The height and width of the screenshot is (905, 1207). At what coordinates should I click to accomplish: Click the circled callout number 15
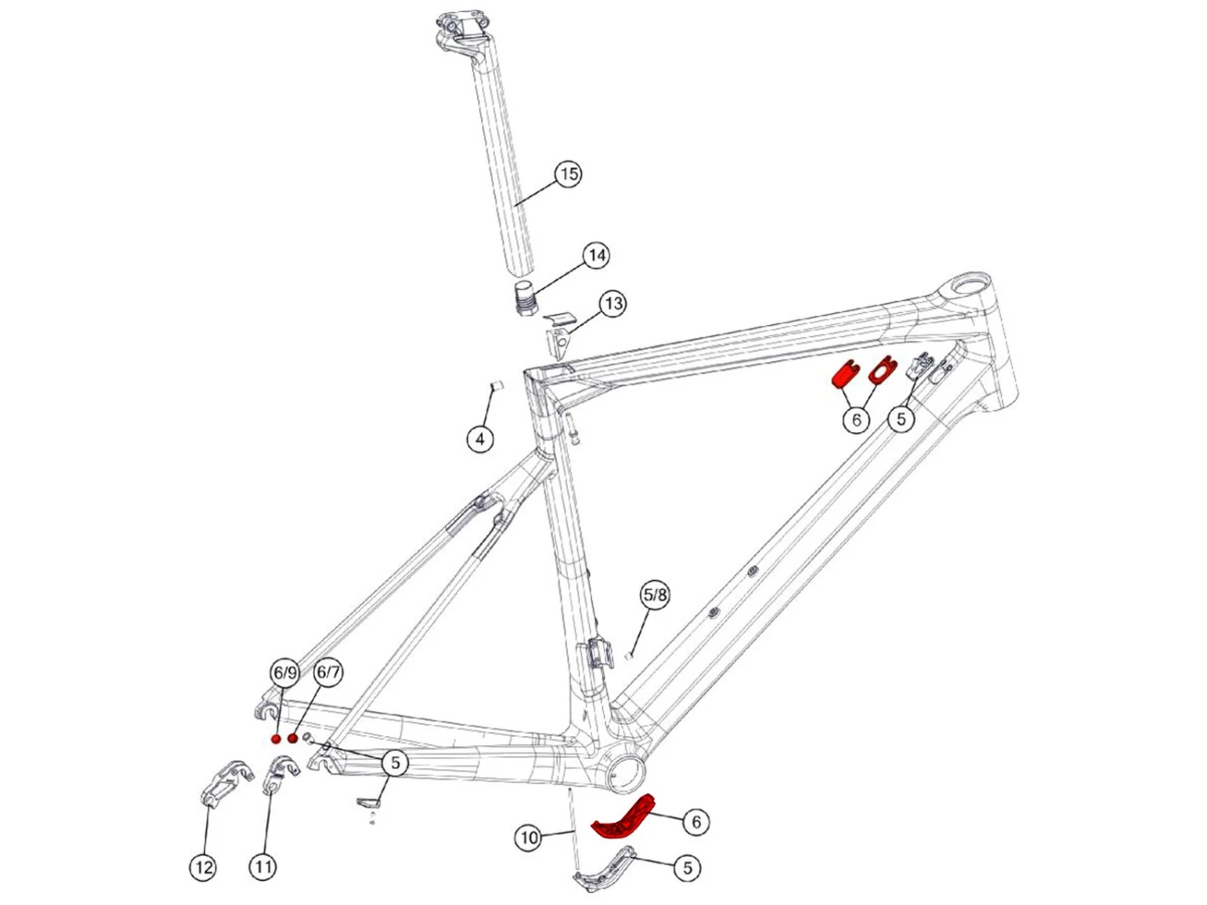(568, 174)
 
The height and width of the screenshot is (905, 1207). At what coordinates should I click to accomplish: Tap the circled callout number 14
(595, 256)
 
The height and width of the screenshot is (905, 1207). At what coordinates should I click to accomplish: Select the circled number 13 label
(613, 304)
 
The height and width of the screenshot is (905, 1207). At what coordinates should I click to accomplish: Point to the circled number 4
(480, 439)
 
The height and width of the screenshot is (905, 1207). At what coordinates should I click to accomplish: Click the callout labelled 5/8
(655, 595)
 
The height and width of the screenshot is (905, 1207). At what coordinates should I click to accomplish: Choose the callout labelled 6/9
(284, 673)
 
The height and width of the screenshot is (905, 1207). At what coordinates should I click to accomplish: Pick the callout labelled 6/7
(327, 673)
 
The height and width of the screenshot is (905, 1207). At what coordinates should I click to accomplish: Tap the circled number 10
(529, 838)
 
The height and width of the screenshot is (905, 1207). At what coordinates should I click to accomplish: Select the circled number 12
(204, 866)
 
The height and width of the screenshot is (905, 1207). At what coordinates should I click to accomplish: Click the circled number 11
(262, 866)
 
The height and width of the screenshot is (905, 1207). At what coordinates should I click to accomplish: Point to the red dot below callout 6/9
(276, 739)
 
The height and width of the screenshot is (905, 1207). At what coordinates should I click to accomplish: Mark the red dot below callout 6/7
(293, 738)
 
